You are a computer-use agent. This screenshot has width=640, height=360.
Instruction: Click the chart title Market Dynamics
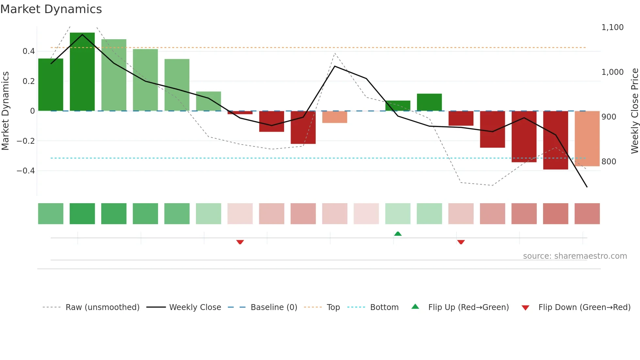pyautogui.click(x=51, y=9)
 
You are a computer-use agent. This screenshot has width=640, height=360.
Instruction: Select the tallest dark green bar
pyautogui.click(x=82, y=72)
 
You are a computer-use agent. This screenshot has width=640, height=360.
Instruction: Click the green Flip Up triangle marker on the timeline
pyautogui.click(x=398, y=234)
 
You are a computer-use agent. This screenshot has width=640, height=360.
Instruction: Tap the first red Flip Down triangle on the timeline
pyautogui.click(x=240, y=242)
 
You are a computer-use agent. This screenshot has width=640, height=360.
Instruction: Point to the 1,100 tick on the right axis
pyautogui.click(x=612, y=27)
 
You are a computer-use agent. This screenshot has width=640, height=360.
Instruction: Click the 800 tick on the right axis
pyautogui.click(x=609, y=161)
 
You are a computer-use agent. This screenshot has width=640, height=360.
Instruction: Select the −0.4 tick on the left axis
pyautogui.click(x=26, y=171)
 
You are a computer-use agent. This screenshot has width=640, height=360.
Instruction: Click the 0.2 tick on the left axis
pyautogui.click(x=28, y=81)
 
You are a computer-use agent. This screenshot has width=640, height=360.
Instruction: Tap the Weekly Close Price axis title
pyautogui.click(x=634, y=111)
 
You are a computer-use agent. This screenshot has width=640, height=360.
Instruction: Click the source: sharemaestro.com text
pyautogui.click(x=575, y=256)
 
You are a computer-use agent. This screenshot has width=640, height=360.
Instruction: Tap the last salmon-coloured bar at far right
pyautogui.click(x=587, y=139)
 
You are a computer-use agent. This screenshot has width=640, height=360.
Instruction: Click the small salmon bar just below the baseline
pyautogui.click(x=335, y=117)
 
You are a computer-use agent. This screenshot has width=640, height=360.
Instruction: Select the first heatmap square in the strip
pyautogui.click(x=51, y=214)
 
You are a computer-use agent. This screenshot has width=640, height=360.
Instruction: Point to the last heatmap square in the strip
pyautogui.click(x=587, y=214)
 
